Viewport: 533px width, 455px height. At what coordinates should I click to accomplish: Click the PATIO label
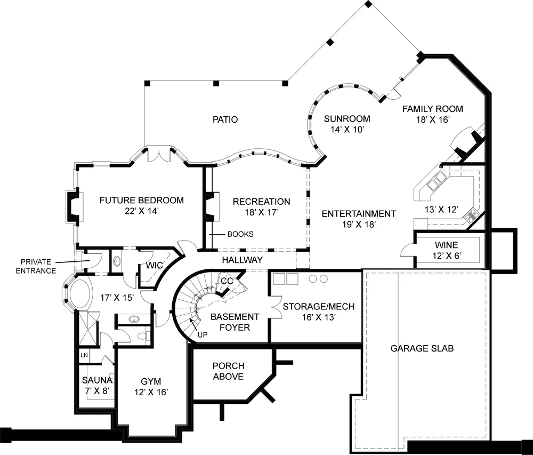point(225,119)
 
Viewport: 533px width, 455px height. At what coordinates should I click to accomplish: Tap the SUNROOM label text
point(347,118)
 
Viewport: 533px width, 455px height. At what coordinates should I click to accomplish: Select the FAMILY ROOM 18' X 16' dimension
point(433,119)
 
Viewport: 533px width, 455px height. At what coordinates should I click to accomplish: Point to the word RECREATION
point(261,202)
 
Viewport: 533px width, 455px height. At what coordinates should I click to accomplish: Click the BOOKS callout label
point(240,234)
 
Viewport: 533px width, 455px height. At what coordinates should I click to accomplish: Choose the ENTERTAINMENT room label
point(359,214)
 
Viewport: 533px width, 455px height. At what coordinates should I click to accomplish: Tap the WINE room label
point(446,245)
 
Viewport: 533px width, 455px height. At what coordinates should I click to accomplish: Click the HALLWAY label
point(243,260)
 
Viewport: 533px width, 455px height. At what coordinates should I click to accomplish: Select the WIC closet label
point(155,265)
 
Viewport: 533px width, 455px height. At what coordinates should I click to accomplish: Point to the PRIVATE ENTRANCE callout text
point(36,266)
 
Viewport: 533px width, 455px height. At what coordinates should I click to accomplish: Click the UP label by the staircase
point(203,335)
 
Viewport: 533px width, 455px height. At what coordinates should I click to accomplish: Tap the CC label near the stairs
point(227,281)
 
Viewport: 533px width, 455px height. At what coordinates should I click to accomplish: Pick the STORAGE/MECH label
point(319,307)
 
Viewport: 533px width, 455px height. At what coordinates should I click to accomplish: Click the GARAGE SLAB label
point(422,348)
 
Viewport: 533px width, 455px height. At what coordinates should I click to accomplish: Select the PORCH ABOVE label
point(229,371)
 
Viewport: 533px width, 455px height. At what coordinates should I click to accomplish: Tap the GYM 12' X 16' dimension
point(151,393)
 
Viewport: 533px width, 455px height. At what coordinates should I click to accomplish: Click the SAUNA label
point(97,380)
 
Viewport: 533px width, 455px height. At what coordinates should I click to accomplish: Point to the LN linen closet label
point(84,355)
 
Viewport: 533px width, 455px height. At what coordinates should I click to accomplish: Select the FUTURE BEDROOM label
point(142,200)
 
